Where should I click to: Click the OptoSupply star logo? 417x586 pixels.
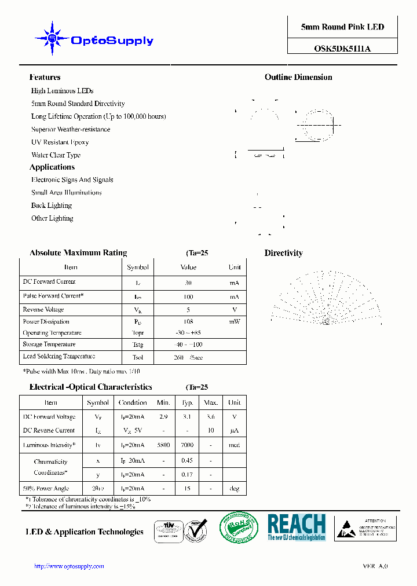[53, 38]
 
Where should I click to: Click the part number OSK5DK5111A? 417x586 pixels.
[342, 49]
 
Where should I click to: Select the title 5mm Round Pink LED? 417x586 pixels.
[342, 27]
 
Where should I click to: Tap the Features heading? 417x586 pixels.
[45, 77]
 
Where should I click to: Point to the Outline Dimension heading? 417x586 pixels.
[298, 77]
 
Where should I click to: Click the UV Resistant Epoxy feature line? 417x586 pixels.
[60, 142]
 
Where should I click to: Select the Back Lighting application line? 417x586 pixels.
[52, 206]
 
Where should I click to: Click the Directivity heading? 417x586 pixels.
[283, 253]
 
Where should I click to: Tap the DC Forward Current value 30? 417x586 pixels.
[188, 283]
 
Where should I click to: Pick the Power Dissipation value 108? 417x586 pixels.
[188, 321]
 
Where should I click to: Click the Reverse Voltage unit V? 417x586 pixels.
[234, 310]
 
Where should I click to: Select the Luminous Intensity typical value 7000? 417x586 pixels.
[187, 445]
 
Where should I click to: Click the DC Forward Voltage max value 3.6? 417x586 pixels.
[211, 417]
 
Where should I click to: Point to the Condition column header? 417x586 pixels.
[133, 402]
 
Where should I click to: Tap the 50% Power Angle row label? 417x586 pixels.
[47, 489]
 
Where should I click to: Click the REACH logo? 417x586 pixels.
[297, 527]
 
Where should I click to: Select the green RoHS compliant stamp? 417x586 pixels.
[239, 528]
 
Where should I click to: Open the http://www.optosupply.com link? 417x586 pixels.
[69, 566]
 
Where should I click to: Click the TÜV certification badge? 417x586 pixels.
[169, 530]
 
